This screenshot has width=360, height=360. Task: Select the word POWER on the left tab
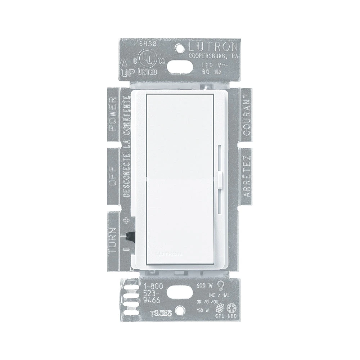click(x=113, y=114)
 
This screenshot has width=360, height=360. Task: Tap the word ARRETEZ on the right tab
click(x=247, y=177)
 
